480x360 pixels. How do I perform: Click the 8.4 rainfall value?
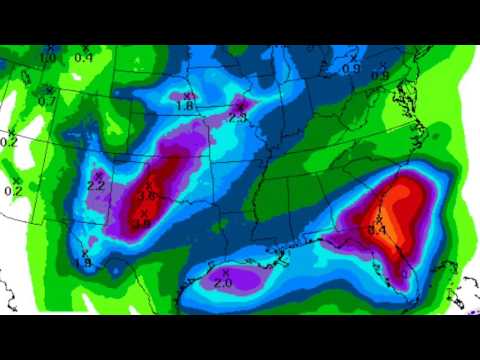pyautogui.click(x=378, y=230)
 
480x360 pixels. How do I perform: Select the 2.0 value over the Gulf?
pyautogui.click(x=223, y=283)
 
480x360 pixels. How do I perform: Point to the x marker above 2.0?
pyautogui.click(x=226, y=272)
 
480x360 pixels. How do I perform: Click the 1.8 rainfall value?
pyautogui.click(x=185, y=106)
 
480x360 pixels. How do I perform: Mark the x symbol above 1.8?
pyautogui.click(x=187, y=96)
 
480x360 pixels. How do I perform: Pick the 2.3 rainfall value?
pyautogui.click(x=237, y=116)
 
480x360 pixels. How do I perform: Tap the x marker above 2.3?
pyautogui.click(x=240, y=105)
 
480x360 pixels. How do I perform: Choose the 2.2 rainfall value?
pyautogui.click(x=97, y=185)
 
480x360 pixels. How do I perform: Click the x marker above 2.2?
pyautogui.click(x=98, y=174)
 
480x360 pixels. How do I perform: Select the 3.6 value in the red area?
pyautogui.click(x=147, y=196)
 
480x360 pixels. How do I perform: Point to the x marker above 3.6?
pyautogui.click(x=148, y=185)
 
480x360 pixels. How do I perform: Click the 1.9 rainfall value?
pyautogui.click(x=83, y=262)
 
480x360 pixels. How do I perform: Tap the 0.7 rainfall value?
pyautogui.click(x=47, y=101)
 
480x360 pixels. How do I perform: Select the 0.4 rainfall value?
pyautogui.click(x=84, y=57)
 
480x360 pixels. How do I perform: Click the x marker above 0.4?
pyautogui.click(x=86, y=47)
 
